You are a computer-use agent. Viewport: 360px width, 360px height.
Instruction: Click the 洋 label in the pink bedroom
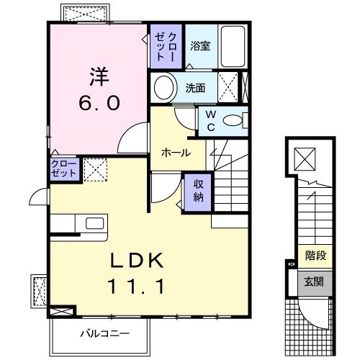(99, 74)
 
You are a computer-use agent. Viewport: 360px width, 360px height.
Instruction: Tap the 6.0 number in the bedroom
(99, 102)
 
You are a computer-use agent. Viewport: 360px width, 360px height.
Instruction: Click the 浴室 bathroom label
(199, 46)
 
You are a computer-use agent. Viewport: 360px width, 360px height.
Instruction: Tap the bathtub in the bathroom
(233, 46)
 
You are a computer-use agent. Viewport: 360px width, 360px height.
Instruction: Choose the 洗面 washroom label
(194, 89)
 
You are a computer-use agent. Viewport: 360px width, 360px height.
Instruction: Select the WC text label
(211, 119)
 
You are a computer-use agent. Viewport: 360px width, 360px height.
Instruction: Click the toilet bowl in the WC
(233, 121)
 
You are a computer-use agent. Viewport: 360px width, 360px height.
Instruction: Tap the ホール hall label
(176, 153)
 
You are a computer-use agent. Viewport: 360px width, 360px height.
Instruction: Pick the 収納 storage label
(198, 190)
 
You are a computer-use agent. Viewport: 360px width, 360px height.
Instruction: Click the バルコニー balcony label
(104, 333)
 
